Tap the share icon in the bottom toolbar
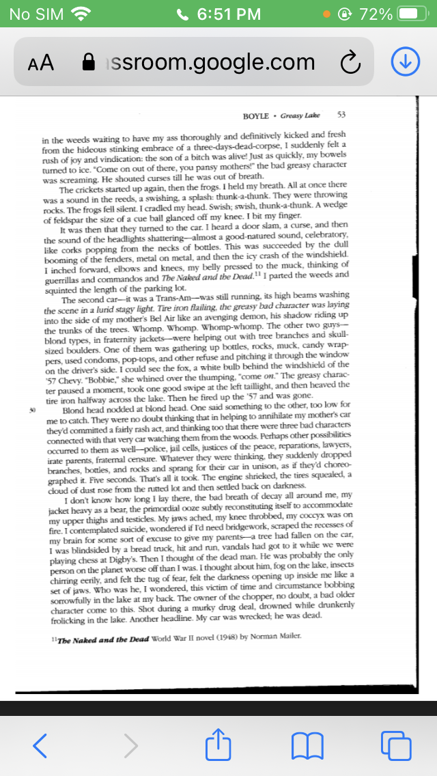216,744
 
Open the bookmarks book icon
305,745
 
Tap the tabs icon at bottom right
394,745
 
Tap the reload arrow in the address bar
350,63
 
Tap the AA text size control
41,63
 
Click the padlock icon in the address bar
89,63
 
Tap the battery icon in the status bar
412,14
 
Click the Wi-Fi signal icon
81,14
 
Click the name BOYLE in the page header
256,115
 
